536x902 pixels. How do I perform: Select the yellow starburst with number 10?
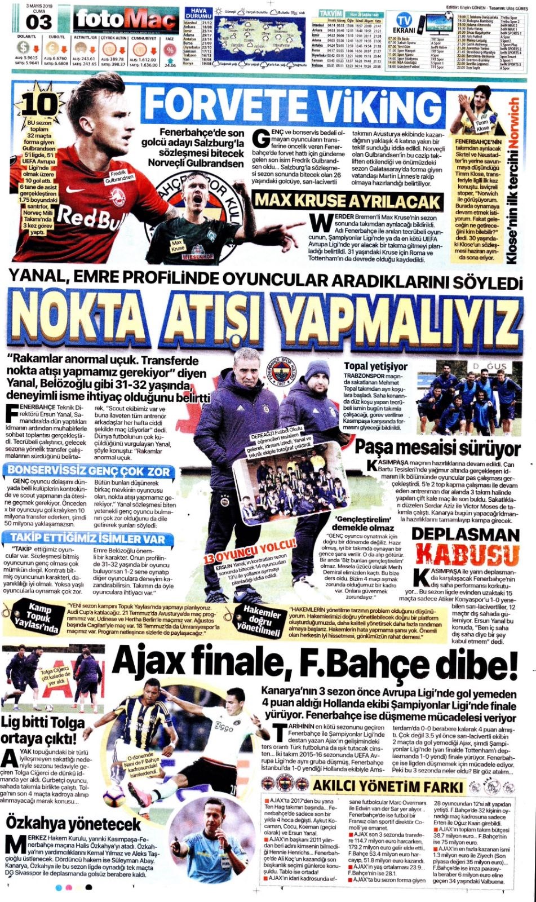[x=40, y=104]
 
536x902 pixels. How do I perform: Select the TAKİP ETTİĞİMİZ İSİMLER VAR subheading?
[x=88, y=538]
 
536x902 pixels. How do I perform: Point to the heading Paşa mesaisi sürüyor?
[x=437, y=449]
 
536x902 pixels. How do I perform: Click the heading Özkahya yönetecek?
[x=74, y=823]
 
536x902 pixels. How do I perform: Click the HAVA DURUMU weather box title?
[x=198, y=13]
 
